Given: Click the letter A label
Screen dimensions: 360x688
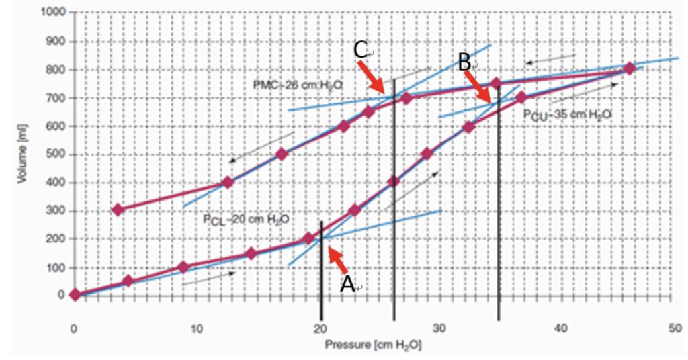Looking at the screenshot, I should pyautogui.click(x=347, y=284).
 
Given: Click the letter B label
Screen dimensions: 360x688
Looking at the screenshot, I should pyautogui.click(x=464, y=63).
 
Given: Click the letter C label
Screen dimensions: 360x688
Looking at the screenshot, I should pyautogui.click(x=360, y=49).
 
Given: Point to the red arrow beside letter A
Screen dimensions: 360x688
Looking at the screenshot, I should pyautogui.click(x=337, y=261).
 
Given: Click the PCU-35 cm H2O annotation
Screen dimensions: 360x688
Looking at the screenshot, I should pyautogui.click(x=567, y=114).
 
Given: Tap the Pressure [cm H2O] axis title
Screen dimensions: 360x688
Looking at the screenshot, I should pyautogui.click(x=374, y=345).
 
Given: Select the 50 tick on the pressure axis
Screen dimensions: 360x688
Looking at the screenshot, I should pyautogui.click(x=672, y=329).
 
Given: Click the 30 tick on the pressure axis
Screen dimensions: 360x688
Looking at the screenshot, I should pyautogui.click(x=439, y=329).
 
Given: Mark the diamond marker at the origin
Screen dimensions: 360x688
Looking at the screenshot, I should pyautogui.click(x=75, y=294).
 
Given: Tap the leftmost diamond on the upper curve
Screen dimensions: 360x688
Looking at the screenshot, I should pyautogui.click(x=118, y=210).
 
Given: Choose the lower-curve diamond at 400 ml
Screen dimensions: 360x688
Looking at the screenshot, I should pyautogui.click(x=394, y=181).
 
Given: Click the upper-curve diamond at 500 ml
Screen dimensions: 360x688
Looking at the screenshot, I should pyautogui.click(x=282, y=154).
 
